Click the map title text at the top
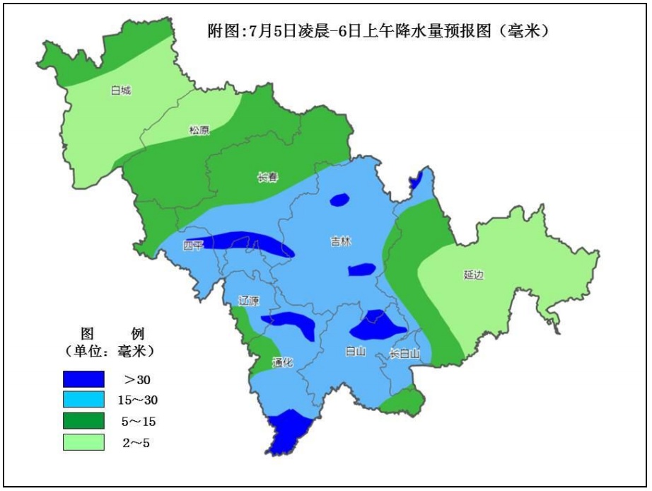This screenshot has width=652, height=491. point(378,31)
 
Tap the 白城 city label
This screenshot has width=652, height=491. point(121,91)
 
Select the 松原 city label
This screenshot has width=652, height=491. point(199,130)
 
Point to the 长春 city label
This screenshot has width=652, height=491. point(267,178)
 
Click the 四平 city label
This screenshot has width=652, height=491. point(193,245)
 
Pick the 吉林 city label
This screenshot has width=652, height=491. point(341,242)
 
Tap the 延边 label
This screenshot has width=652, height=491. point(474,275)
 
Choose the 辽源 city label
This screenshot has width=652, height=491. point(249,301)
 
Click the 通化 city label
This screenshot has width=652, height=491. point(282,363)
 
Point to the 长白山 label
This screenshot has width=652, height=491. point(404,354)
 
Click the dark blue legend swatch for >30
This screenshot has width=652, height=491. point(83,380)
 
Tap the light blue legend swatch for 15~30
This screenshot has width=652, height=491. point(83,400)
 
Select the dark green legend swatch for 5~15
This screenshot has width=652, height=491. point(83,422)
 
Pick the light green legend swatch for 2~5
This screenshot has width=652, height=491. point(83,443)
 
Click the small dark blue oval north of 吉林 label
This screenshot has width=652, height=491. point(339,200)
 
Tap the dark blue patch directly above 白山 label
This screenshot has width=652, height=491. point(377,327)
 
